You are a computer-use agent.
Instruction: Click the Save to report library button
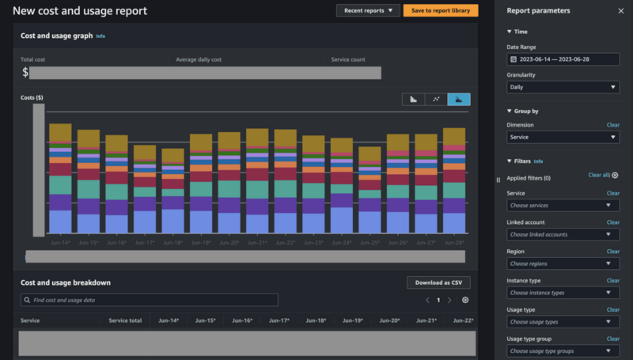click(x=440, y=10)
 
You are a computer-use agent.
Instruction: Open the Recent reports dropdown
click(x=368, y=10)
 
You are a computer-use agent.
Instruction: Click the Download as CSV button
click(x=438, y=282)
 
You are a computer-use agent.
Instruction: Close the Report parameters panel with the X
click(x=620, y=11)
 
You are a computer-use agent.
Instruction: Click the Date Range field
click(x=563, y=59)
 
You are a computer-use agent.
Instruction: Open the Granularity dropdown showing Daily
click(x=563, y=87)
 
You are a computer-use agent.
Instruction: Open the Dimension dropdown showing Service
click(x=563, y=137)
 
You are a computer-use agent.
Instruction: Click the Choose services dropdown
click(x=563, y=205)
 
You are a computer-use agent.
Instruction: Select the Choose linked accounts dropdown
click(x=563, y=234)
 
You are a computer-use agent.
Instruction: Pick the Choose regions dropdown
click(x=563, y=263)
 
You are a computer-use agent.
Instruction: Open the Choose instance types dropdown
click(x=563, y=293)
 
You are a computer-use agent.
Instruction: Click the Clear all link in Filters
click(x=599, y=175)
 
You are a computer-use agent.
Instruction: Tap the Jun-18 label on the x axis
click(x=173, y=242)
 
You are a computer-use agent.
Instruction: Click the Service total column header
click(x=125, y=320)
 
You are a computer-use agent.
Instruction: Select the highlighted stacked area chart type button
click(x=459, y=99)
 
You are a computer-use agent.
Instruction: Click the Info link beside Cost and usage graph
click(x=100, y=36)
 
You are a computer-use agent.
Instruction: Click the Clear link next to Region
click(x=612, y=252)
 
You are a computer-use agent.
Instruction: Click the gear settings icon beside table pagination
click(x=465, y=300)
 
